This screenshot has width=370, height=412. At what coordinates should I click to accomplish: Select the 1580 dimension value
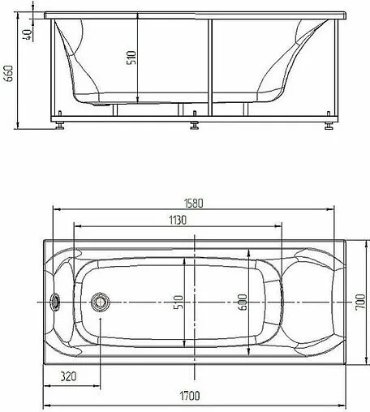(192, 204)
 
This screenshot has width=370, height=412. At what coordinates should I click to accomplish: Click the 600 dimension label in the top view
(241, 302)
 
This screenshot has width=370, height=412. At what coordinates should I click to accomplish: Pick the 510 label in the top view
(180, 302)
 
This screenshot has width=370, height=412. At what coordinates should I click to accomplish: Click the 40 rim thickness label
(28, 34)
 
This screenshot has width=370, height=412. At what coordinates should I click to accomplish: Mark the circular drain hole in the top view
(101, 300)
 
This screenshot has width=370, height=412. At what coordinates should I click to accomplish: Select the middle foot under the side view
(194, 126)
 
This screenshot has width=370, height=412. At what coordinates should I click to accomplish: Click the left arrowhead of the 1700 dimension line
(45, 405)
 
